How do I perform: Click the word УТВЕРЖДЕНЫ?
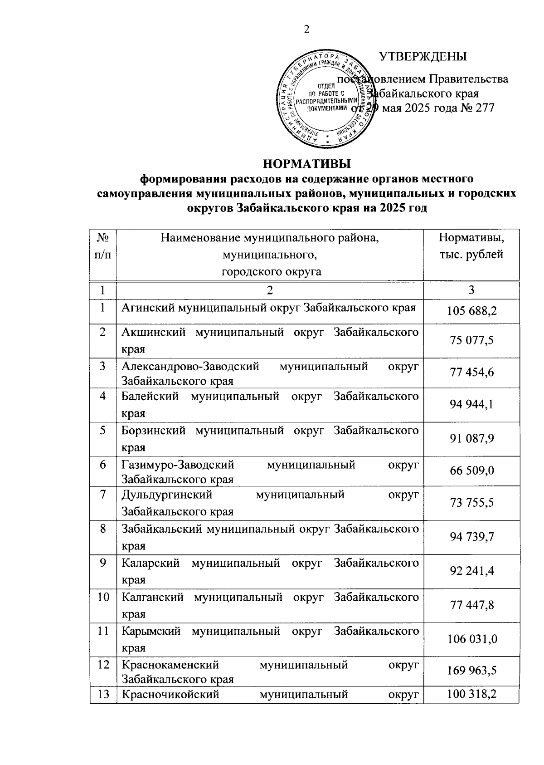(x=423, y=57)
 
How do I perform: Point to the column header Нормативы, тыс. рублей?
(x=471, y=246)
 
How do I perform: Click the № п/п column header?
(x=103, y=246)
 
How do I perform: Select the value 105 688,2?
(x=471, y=311)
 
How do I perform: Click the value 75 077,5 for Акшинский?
(x=471, y=341)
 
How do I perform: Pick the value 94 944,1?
(x=471, y=405)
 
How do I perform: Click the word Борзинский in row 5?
(x=153, y=431)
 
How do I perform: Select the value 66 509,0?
(x=471, y=471)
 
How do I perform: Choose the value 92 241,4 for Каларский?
(x=471, y=571)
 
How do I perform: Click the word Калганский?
(x=152, y=597)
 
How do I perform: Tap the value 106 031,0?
(x=471, y=639)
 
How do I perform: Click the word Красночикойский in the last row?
(x=170, y=695)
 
